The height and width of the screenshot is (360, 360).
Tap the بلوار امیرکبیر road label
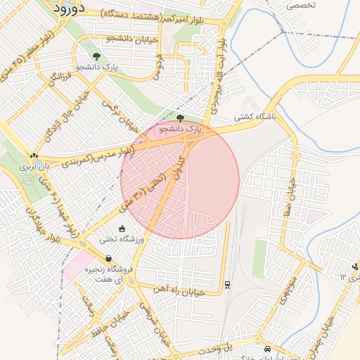pos(163,14)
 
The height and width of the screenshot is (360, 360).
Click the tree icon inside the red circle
pos(180,118)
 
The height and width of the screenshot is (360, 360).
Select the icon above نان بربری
pos(34,156)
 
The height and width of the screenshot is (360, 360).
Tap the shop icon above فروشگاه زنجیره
pos(108,258)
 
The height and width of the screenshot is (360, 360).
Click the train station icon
pos(227,284)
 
